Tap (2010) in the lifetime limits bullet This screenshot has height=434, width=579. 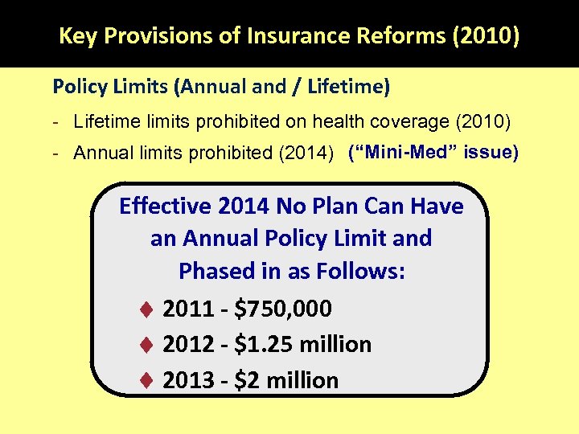tap(482, 122)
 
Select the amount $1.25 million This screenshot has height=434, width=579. tap(302, 345)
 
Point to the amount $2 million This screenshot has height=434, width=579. tap(286, 380)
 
